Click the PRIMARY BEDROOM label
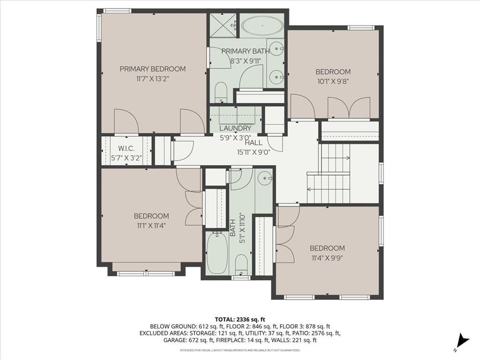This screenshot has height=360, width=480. pos(152,69)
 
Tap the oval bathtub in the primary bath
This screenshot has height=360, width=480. pos(262,26)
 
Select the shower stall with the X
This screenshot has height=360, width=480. pos(224,25)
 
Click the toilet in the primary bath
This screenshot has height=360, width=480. pos(220,92)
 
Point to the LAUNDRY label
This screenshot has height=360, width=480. pos(235,128)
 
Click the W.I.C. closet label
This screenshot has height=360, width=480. pos(127,149)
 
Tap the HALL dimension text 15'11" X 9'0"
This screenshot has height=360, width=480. pos(254,152)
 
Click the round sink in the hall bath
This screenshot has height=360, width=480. pos(263,178)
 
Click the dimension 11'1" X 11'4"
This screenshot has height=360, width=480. pos(151,226)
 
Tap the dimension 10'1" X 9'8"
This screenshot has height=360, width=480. pos(333,82)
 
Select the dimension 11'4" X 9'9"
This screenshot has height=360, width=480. pos(327,258)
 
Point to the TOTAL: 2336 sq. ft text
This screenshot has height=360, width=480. pos(240,320)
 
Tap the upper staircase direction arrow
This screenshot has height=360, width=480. pos(335,158)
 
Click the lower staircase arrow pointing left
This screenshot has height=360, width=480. pos(328,189)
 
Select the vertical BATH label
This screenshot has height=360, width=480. pos(232,228)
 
